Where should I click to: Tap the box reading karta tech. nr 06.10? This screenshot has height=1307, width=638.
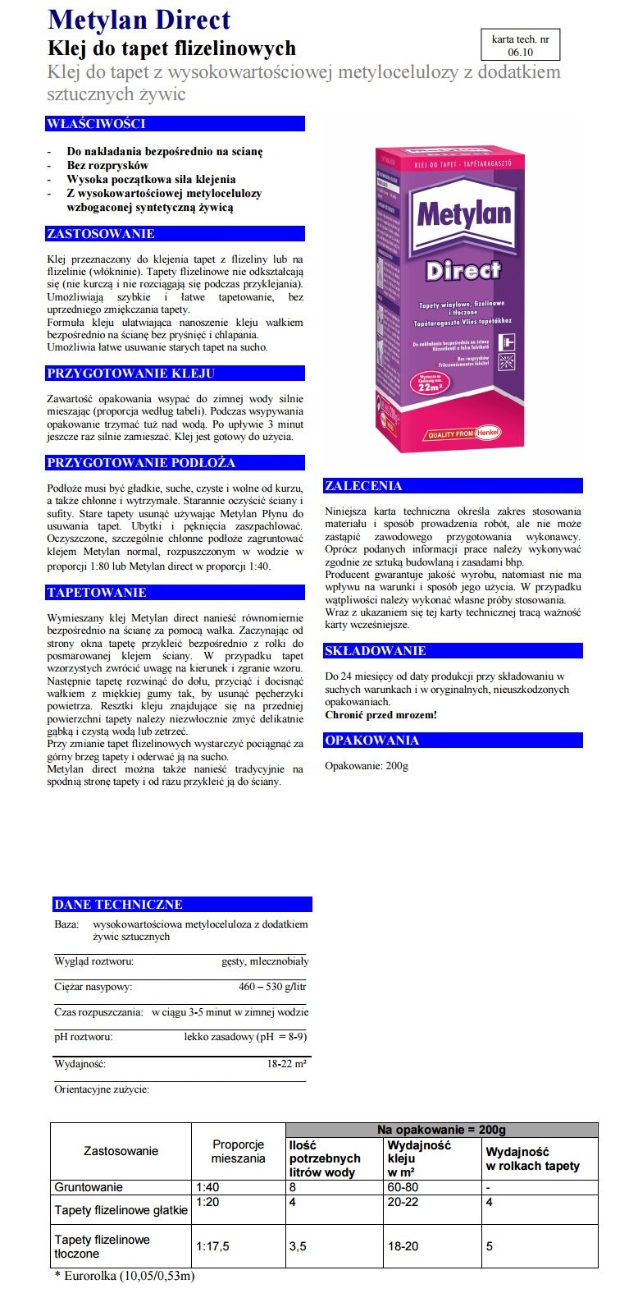pyautogui.click(x=520, y=45)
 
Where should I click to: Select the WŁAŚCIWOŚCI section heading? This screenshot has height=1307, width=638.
pyautogui.click(x=96, y=124)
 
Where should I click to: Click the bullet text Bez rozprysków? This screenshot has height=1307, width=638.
pyautogui.click(x=107, y=165)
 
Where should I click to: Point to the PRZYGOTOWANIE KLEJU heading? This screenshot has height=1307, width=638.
pyautogui.click(x=130, y=374)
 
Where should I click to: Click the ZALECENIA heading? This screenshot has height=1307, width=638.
pyautogui.click(x=363, y=486)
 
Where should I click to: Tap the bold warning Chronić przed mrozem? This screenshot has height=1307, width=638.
pyautogui.click(x=381, y=715)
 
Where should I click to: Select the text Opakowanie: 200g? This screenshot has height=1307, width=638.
pyautogui.click(x=366, y=766)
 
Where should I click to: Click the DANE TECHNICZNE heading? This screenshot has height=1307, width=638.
pyautogui.click(x=118, y=905)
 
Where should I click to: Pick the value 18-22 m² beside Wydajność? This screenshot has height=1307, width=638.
pyautogui.click(x=286, y=1064)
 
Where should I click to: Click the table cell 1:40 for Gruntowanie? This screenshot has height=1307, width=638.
pyautogui.click(x=207, y=1187)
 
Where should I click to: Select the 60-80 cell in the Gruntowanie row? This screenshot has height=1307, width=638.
pyautogui.click(x=403, y=1187)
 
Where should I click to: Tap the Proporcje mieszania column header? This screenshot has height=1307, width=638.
pyautogui.click(x=238, y=1151)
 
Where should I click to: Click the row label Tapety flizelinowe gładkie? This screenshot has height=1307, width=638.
pyautogui.click(x=121, y=1210)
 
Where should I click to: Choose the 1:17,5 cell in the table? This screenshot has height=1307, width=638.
pyautogui.click(x=212, y=1246)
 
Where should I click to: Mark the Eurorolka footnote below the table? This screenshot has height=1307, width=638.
pyautogui.click(x=125, y=1276)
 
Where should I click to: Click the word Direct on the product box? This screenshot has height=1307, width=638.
pyautogui.click(x=463, y=271)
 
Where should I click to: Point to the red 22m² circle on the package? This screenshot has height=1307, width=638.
pyautogui.click(x=429, y=384)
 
